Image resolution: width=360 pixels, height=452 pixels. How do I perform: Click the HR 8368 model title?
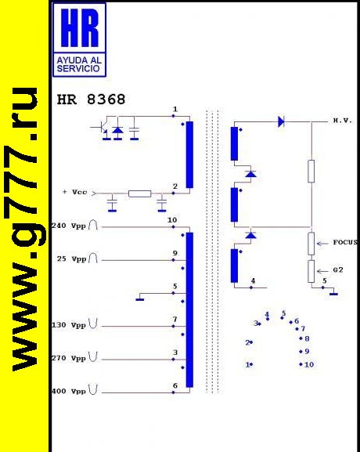pyautogui.click(x=91, y=99)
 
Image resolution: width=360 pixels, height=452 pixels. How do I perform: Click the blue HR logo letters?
pyautogui.click(x=80, y=27)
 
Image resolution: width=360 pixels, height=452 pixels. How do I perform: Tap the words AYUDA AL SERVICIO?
pyautogui.click(x=79, y=64)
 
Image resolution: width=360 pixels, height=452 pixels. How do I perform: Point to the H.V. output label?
pyautogui.click(x=343, y=121)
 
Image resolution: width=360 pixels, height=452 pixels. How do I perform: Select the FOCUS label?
pyautogui.click(x=345, y=242)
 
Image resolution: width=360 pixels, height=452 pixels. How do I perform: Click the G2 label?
pyautogui.click(x=338, y=269)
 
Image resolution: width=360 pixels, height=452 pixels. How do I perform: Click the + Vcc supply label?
pyautogui.click(x=74, y=192)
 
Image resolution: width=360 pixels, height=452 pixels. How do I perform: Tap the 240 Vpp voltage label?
pyautogui.click(x=69, y=226)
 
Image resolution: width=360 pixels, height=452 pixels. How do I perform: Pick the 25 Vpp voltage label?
pyautogui.click(x=71, y=259)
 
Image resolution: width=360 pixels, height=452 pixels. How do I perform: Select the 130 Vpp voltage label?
pyautogui.click(x=69, y=325)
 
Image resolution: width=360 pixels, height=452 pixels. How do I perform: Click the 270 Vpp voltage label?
pyautogui.click(x=69, y=358)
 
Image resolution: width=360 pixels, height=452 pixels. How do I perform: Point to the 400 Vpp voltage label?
pyautogui.click(x=69, y=392)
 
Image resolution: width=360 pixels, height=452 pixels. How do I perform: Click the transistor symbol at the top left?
pyautogui.click(x=101, y=128)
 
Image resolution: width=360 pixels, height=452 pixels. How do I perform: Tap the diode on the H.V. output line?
pyautogui.click(x=281, y=121)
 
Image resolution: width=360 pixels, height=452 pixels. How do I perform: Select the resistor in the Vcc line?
pyautogui.click(x=139, y=193)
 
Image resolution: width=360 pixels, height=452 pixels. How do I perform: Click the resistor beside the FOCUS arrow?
pyautogui.click(x=311, y=244)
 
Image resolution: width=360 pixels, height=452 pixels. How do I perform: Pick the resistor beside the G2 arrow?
pyautogui.click(x=311, y=271)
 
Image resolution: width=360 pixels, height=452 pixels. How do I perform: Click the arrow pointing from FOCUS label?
pyautogui.click(x=322, y=244)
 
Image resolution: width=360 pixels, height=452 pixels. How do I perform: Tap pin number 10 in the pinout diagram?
pyautogui.click(x=309, y=365)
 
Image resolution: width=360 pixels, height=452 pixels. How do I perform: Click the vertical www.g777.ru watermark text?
pyautogui.click(x=25, y=230)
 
